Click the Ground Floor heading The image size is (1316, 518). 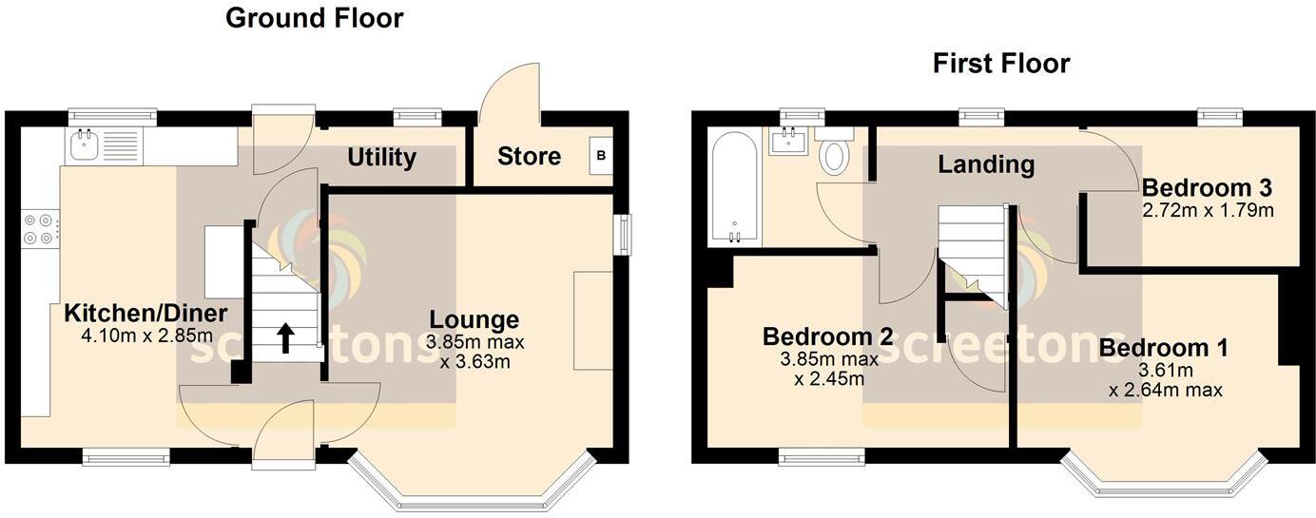pos(314,18)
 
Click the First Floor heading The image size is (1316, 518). pos(1001,64)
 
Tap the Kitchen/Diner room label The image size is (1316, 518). pos(145,314)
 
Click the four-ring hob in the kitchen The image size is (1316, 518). pos(40,228)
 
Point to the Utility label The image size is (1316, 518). pos(381,157)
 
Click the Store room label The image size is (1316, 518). pos(529,156)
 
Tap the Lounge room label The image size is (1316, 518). pos(474,320)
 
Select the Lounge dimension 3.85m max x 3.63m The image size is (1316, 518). pos(474,351)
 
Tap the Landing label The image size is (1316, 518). pos(986,164)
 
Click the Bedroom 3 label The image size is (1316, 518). pos(1207,187)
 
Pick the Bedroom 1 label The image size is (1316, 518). pos(1163,348)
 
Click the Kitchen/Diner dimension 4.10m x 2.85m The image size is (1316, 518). pos(145,336)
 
